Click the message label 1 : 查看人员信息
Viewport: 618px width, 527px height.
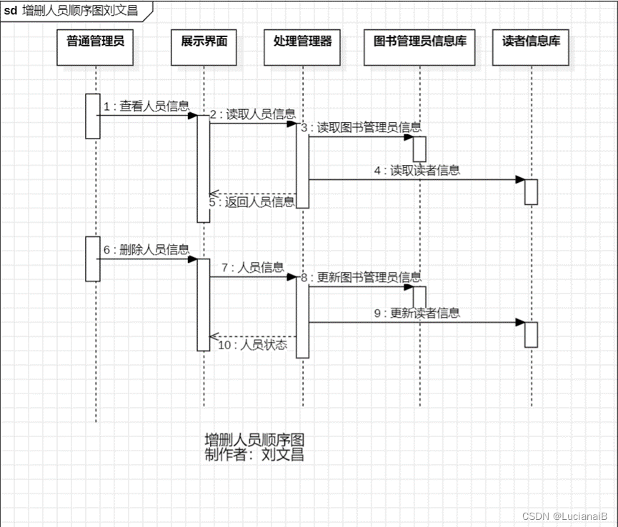click(146, 106)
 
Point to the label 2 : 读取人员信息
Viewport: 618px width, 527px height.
click(252, 114)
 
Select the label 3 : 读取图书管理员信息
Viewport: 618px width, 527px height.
click(361, 128)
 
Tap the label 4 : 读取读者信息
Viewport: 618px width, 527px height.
click(417, 171)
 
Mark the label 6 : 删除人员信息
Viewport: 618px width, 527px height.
click(146, 250)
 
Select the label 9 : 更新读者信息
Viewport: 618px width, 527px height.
click(417, 313)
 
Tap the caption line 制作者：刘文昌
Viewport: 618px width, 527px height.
click(254, 455)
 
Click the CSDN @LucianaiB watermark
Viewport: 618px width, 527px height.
click(564, 516)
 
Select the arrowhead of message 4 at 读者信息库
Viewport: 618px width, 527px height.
click(520, 179)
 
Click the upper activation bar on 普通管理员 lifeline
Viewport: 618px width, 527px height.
click(92, 116)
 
